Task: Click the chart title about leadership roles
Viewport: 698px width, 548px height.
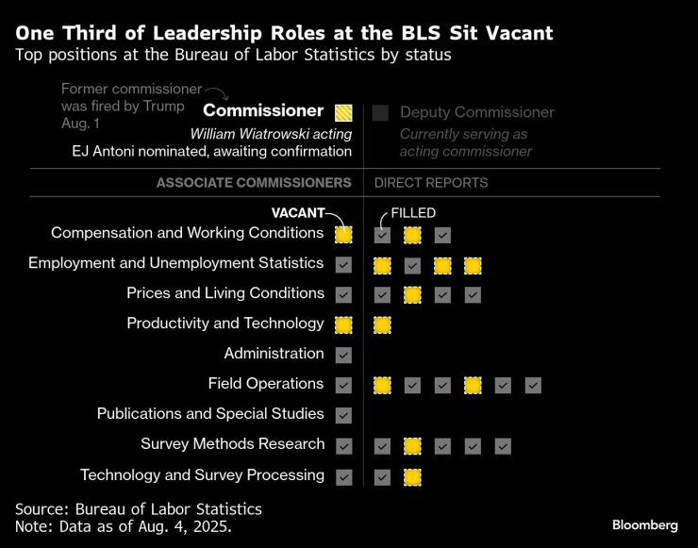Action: (x=284, y=33)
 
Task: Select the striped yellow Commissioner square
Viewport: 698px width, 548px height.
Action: (x=343, y=112)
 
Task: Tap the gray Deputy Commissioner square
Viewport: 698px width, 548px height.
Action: (x=380, y=112)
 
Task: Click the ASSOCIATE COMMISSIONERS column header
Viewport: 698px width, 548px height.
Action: (x=254, y=183)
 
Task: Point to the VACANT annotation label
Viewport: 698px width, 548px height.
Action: (x=298, y=213)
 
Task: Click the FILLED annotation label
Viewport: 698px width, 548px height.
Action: (x=413, y=213)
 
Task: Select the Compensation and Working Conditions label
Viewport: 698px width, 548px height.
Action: (x=187, y=233)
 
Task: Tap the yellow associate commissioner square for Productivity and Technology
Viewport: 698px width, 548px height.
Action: (x=343, y=324)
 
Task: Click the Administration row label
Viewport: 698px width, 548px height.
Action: (x=274, y=354)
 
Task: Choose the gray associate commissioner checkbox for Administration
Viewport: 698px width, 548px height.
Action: (x=343, y=355)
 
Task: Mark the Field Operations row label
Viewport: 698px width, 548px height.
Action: (x=266, y=384)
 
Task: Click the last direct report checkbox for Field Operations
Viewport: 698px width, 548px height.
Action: (x=533, y=385)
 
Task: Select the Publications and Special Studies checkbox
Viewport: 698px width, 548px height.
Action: (x=343, y=415)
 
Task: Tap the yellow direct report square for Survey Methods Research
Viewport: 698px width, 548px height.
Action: (x=412, y=445)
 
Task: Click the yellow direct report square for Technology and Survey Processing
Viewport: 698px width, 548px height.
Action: (x=412, y=475)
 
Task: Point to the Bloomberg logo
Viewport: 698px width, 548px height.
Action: (x=645, y=524)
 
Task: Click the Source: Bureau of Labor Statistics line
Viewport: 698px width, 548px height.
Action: (x=139, y=509)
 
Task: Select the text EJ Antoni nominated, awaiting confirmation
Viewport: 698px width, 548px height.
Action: (x=212, y=151)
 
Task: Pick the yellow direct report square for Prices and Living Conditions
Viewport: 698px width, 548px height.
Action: (x=412, y=294)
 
